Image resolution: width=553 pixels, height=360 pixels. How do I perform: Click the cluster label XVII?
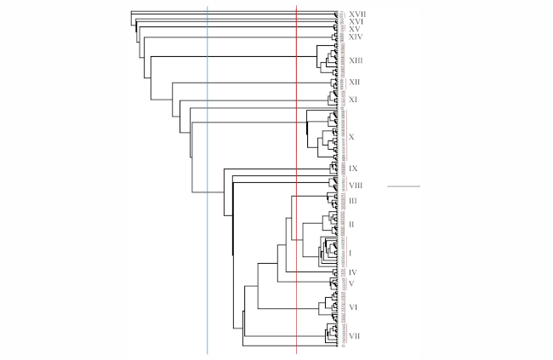[x=357, y=14]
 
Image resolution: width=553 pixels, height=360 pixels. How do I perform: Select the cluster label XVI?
[x=356, y=21]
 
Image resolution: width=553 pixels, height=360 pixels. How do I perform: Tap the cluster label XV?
[x=355, y=29]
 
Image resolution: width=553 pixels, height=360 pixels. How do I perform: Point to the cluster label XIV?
[x=356, y=37]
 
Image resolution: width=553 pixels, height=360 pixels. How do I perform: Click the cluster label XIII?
[x=356, y=60]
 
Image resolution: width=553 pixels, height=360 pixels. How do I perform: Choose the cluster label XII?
[x=355, y=82]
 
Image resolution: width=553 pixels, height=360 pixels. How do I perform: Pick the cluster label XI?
[x=353, y=100]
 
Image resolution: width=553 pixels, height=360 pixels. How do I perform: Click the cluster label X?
[x=351, y=136]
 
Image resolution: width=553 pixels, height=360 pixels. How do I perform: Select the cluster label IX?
[x=353, y=169]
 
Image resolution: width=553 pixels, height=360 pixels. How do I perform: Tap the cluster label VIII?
[x=356, y=185]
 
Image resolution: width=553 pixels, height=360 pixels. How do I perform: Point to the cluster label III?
[x=353, y=199]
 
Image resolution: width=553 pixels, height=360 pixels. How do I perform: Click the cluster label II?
[x=351, y=224]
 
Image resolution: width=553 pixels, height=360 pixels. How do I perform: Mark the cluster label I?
[x=351, y=253]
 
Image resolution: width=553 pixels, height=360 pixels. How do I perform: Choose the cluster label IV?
[x=353, y=272]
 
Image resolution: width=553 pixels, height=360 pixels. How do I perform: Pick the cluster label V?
[x=351, y=283]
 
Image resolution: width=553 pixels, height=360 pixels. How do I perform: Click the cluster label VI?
[x=353, y=306]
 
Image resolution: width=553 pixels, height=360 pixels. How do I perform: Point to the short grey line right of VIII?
[x=404, y=186]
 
